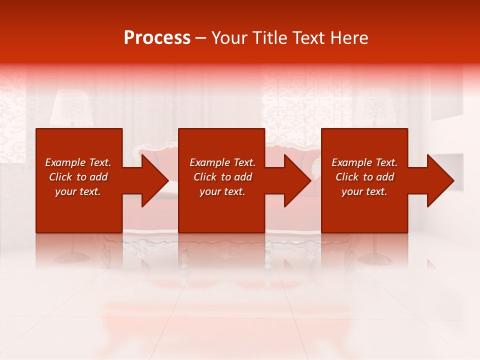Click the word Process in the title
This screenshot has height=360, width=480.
pyautogui.click(x=157, y=38)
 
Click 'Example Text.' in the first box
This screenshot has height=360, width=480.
pyautogui.click(x=78, y=162)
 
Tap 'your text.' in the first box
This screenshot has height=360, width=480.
pyautogui.click(x=78, y=191)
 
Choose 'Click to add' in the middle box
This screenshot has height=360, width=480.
pyautogui.click(x=222, y=177)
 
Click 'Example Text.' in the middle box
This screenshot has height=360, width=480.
pyautogui.click(x=222, y=162)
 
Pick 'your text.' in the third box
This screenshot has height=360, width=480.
pyautogui.click(x=364, y=191)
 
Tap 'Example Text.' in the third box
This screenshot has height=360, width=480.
pyautogui.click(x=364, y=162)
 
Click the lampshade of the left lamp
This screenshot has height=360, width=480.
pyautogui.click(x=71, y=107)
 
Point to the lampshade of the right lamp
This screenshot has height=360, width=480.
pyautogui.click(x=374, y=107)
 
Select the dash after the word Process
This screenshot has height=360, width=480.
pyautogui.click(x=200, y=38)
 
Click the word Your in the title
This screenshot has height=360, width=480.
pyautogui.click(x=228, y=38)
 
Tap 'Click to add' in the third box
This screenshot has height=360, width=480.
pyautogui.click(x=364, y=177)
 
